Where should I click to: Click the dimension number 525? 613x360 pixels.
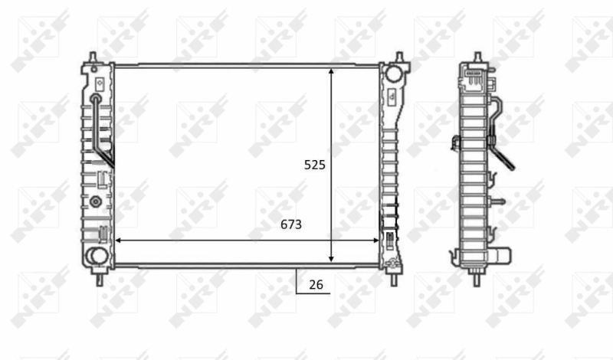click(x=315, y=165)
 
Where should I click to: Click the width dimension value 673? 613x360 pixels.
click(x=290, y=224)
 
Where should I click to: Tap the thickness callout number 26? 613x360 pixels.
click(x=316, y=285)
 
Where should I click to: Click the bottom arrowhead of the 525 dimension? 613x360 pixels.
click(x=331, y=260)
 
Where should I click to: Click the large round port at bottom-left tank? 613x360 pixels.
click(x=97, y=257)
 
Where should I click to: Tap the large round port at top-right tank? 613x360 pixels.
click(x=393, y=74)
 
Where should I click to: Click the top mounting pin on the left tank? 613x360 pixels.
click(x=92, y=58)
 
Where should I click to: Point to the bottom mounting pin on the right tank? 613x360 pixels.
click(x=395, y=277)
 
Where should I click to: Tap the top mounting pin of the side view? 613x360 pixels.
click(x=477, y=57)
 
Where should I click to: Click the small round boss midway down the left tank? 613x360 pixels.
click(x=96, y=202)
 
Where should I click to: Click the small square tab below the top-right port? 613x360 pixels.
click(x=392, y=97)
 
